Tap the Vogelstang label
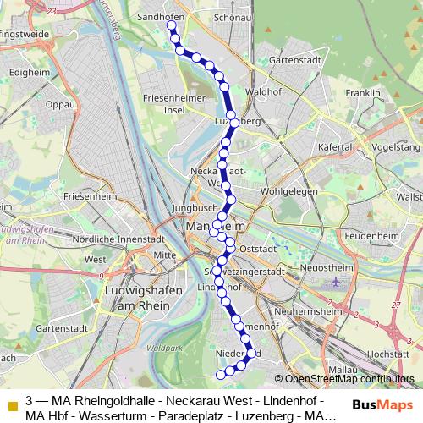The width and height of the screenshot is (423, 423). (396, 146)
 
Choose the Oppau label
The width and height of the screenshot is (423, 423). (60, 106)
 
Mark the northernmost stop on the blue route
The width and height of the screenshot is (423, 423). (171, 26)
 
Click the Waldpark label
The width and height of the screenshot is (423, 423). (157, 348)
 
